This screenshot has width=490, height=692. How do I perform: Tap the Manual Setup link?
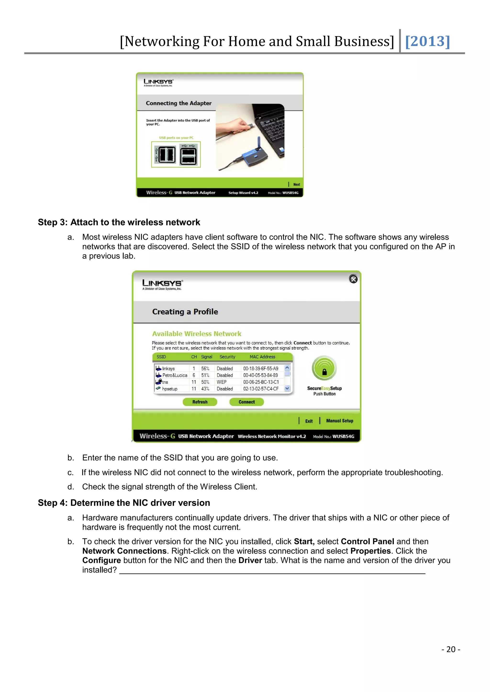click(340, 421)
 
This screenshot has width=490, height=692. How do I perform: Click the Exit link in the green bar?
click(309, 421)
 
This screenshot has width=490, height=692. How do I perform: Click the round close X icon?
click(353, 279)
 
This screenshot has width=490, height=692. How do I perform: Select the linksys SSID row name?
click(168, 369)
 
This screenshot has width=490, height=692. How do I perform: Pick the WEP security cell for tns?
click(222, 382)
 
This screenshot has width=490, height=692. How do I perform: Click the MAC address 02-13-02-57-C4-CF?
click(261, 389)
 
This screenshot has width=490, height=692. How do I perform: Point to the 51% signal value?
click(205, 375)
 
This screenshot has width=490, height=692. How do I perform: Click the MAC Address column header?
click(262, 357)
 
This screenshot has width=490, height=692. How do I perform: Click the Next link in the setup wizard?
click(297, 184)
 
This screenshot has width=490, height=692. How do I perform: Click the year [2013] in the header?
click(428, 41)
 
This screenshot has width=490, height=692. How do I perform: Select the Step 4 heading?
click(124, 503)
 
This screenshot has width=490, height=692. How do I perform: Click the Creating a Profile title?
click(185, 312)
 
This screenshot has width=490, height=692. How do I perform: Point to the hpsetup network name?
click(170, 389)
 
